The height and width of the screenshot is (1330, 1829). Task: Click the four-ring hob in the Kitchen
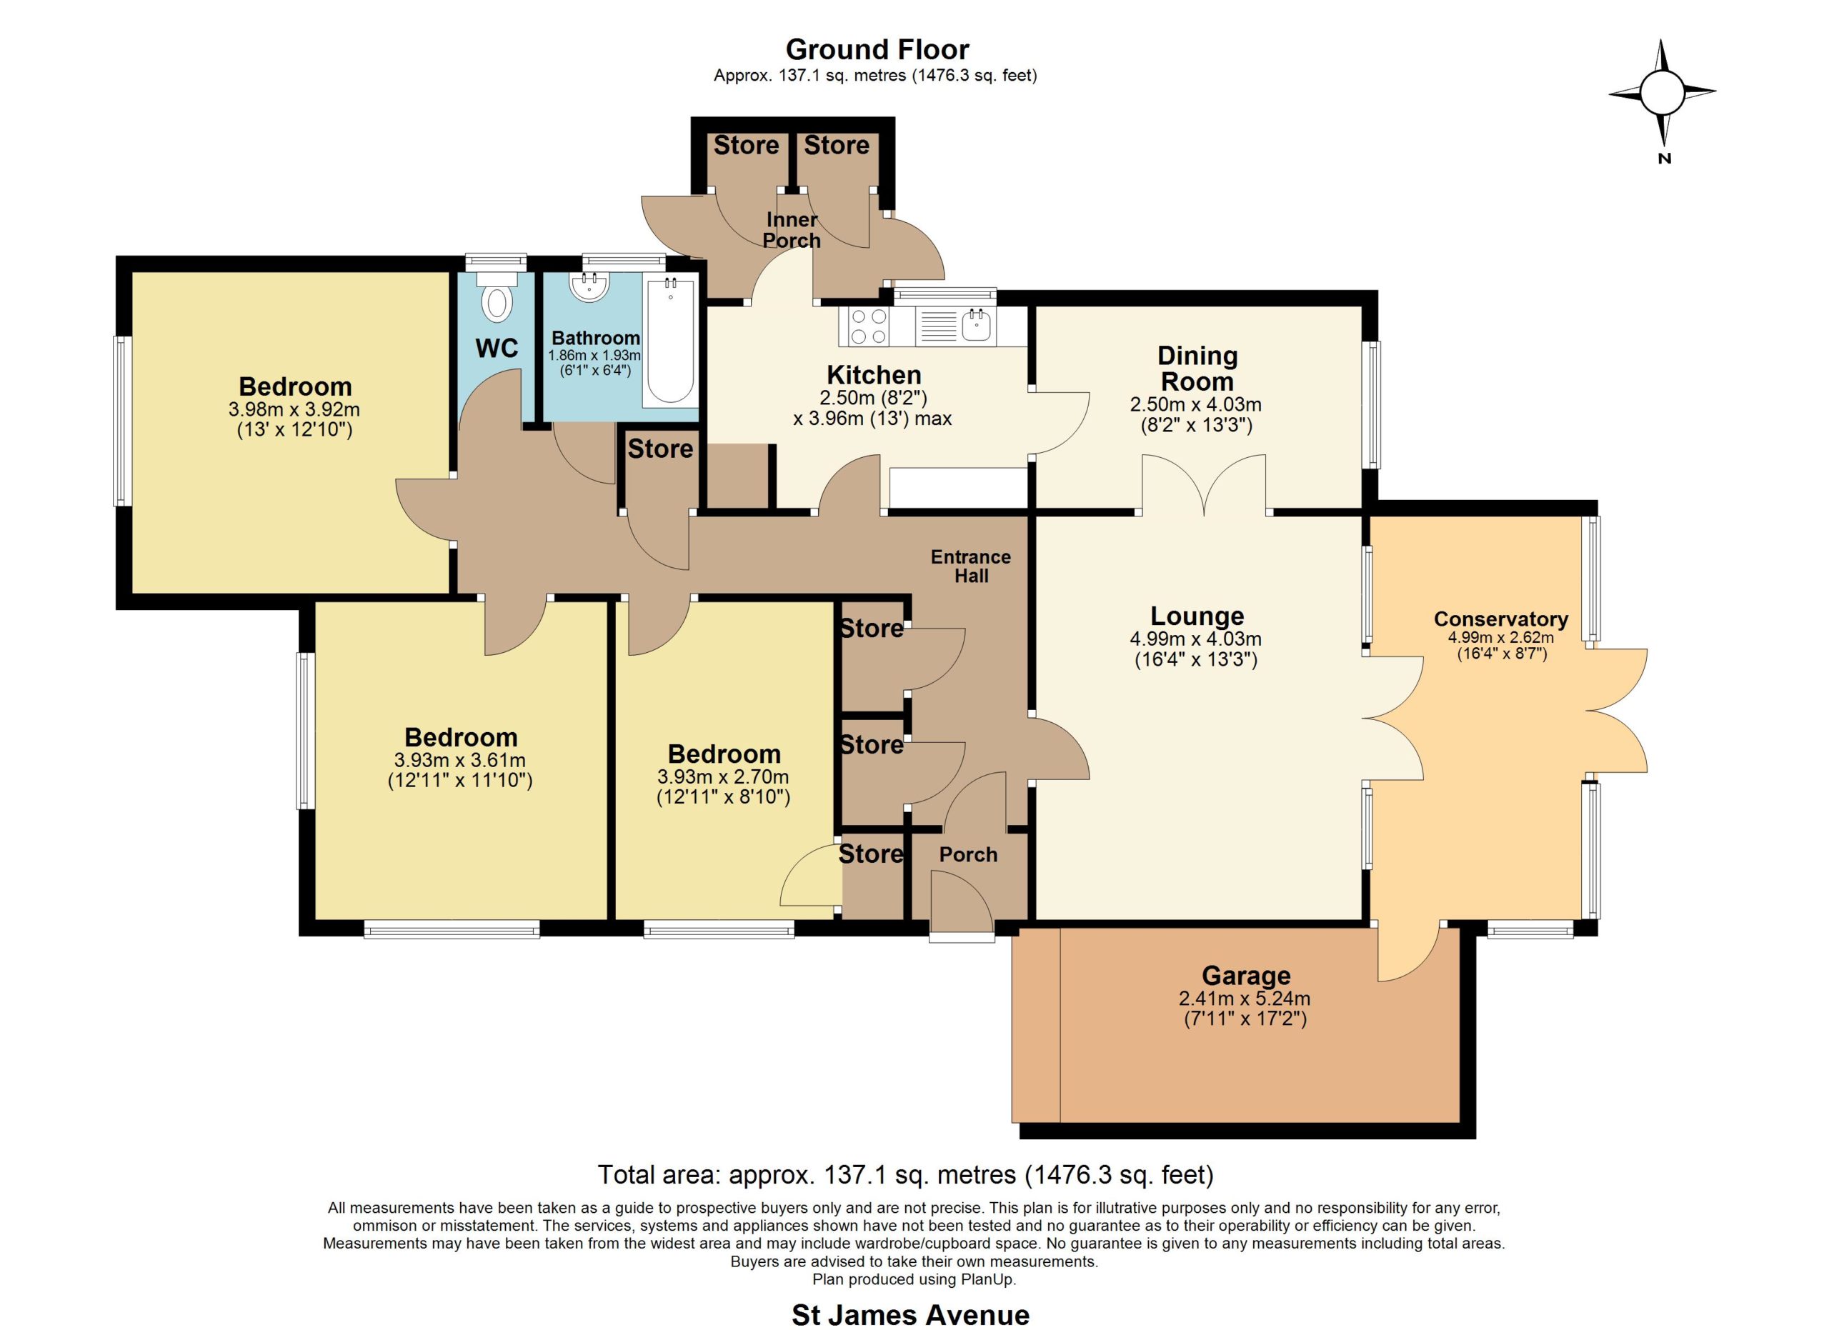click(867, 326)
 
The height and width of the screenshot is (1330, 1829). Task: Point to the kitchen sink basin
click(975, 326)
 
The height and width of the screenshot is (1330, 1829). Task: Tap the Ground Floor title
click(877, 50)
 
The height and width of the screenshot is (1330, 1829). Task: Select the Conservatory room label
click(1501, 619)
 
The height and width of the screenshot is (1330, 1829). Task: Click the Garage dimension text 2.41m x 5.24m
click(1245, 999)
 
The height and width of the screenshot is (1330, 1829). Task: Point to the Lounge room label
click(1197, 616)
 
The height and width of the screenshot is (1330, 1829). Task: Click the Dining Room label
click(1197, 369)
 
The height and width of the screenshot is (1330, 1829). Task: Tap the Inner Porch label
click(792, 230)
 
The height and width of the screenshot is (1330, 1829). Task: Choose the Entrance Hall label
click(971, 566)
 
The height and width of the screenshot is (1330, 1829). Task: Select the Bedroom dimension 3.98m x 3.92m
click(294, 409)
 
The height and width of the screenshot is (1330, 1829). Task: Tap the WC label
click(497, 349)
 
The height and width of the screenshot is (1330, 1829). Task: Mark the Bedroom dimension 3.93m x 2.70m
click(723, 777)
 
